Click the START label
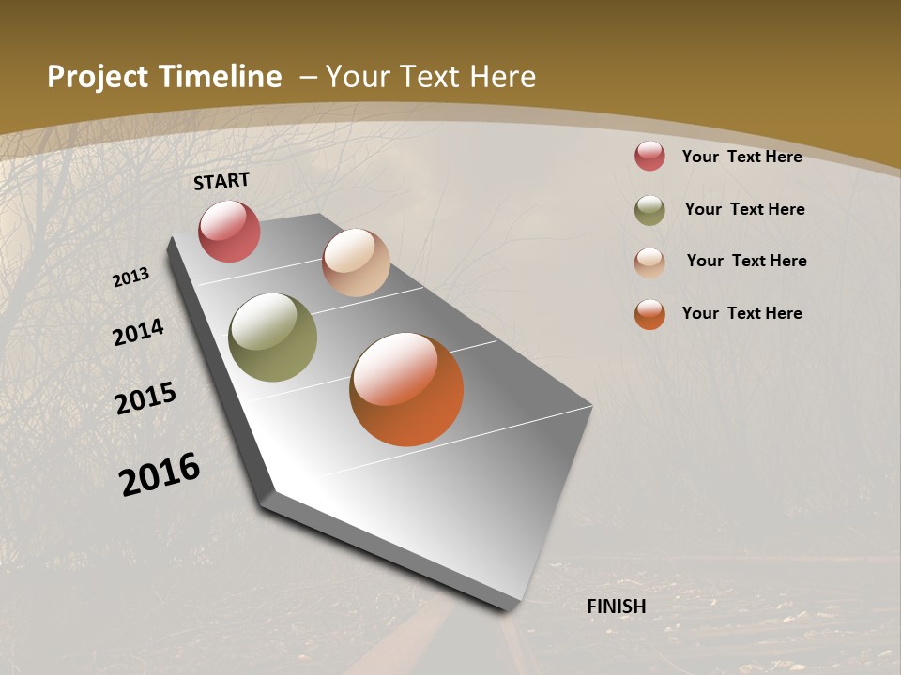pos(221,181)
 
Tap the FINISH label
pos(617,607)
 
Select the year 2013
pos(131,277)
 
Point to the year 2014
pos(139,332)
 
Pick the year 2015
pos(145,398)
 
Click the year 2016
pos(160,474)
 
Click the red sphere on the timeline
pos(229,231)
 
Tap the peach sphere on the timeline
pos(356,262)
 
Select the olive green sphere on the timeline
pos(272,337)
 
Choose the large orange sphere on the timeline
pos(406,389)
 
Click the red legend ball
pos(649,156)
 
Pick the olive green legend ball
pos(649,210)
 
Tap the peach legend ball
pos(649,262)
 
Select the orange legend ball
pos(649,314)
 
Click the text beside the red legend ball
pos(741,157)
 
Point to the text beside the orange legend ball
pos(741,313)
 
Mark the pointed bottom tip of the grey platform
pos(512,609)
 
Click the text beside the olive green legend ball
pos(744,209)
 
